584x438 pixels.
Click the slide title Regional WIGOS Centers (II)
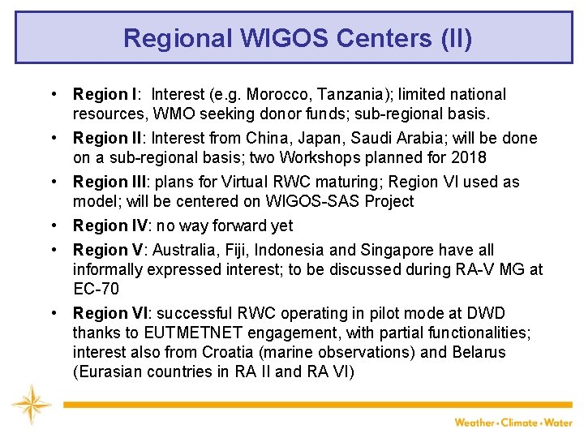tap(297, 38)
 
